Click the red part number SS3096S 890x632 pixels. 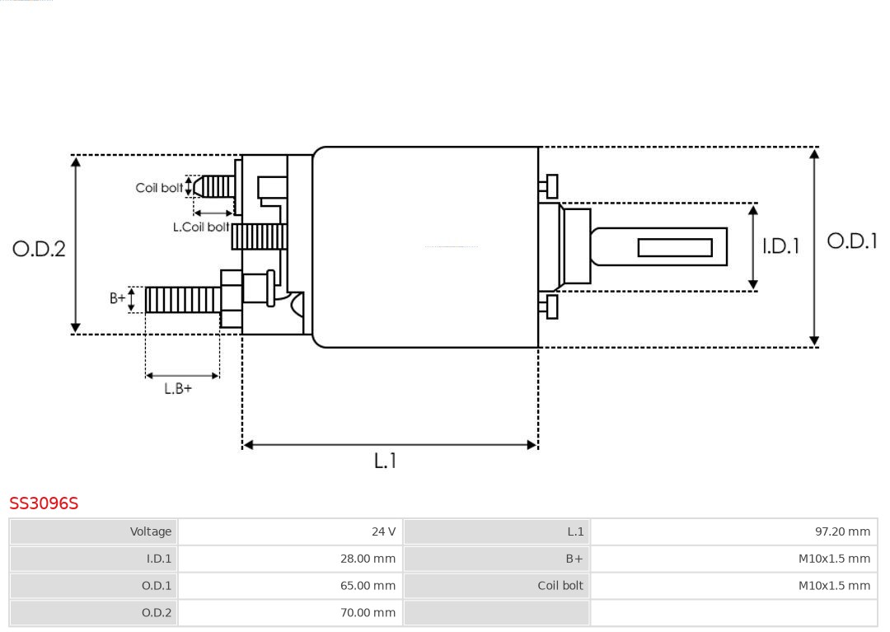click(44, 503)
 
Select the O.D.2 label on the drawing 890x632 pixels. click(40, 249)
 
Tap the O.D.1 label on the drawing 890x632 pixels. click(852, 241)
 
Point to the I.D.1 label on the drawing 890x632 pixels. click(780, 246)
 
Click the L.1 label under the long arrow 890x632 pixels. click(386, 460)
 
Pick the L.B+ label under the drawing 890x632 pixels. click(178, 389)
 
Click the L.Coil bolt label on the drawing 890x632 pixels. click(201, 227)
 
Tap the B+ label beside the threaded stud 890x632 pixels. click(118, 297)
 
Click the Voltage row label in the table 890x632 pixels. click(151, 531)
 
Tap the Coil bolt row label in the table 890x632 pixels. click(560, 586)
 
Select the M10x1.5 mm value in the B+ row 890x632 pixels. click(834, 559)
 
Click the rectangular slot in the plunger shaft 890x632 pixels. click(675, 247)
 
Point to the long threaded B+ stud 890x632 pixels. click(183, 300)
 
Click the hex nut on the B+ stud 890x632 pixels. click(231, 299)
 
